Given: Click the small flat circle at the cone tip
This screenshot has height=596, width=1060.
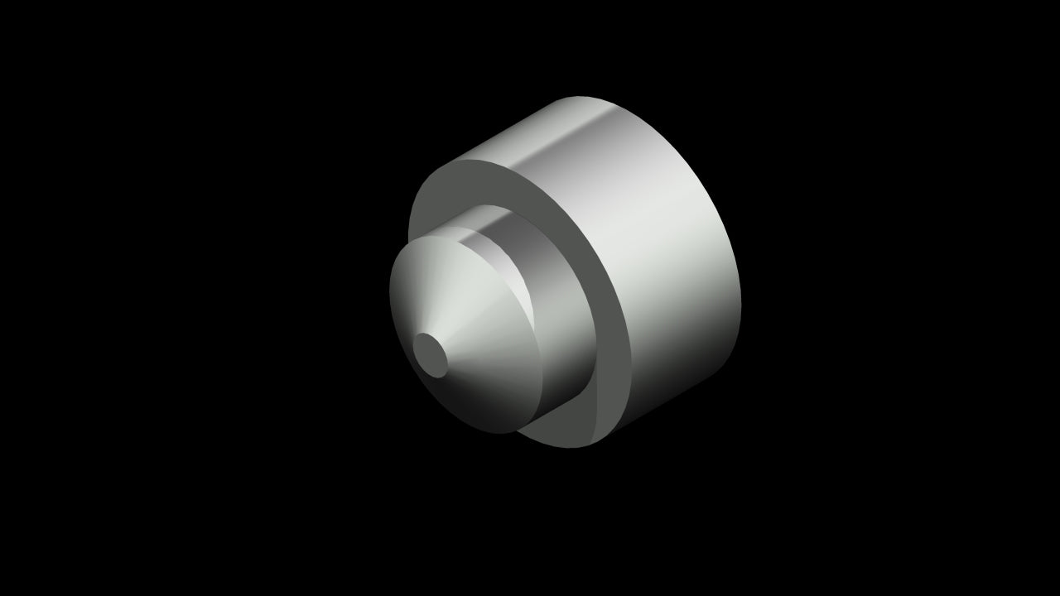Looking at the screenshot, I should point(430,353).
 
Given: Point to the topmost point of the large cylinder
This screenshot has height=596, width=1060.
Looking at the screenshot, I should point(580,97).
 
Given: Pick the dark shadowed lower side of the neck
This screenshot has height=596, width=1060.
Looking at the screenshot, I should point(571,381).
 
